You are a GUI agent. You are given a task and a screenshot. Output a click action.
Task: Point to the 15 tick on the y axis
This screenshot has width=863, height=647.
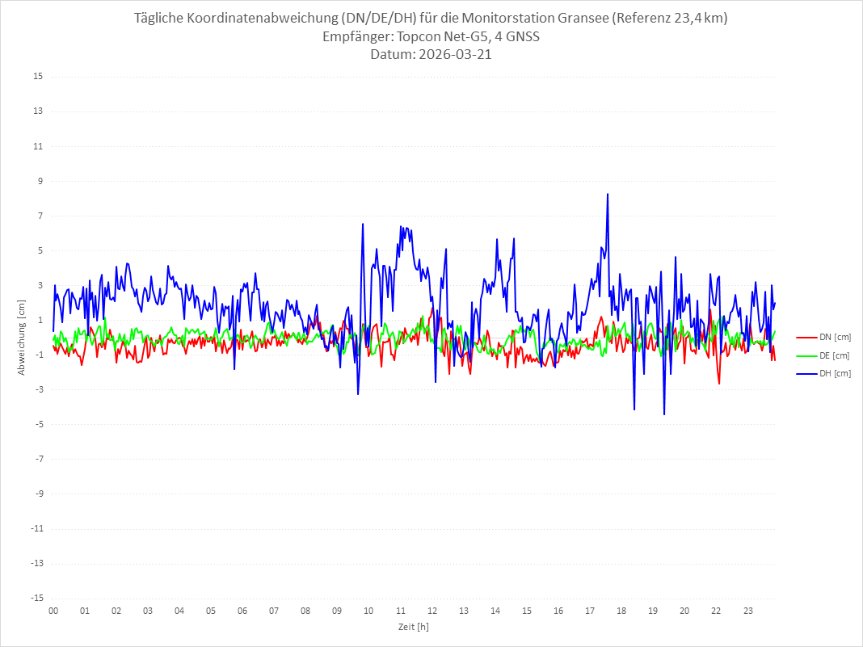(x=38, y=77)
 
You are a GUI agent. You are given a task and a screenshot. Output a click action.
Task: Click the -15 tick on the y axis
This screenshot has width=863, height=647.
(x=36, y=598)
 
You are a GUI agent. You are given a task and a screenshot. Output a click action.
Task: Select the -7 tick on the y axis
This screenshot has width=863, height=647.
(x=38, y=459)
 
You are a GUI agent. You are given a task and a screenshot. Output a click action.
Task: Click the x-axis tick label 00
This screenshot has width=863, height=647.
(x=53, y=611)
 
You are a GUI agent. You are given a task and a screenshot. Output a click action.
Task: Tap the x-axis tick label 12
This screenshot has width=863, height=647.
(x=432, y=611)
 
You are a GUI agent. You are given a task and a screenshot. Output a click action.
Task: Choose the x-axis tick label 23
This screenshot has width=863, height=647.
(x=748, y=611)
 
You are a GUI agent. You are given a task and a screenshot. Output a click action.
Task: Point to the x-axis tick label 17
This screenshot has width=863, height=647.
(x=590, y=611)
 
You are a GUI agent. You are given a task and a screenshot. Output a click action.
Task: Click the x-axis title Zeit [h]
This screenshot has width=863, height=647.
(x=413, y=626)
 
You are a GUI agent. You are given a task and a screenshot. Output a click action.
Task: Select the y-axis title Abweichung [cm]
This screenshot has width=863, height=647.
(x=22, y=337)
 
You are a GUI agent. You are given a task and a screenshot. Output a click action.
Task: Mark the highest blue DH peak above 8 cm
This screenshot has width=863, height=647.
(x=607, y=194)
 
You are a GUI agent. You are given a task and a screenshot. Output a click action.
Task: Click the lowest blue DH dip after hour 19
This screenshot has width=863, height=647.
(x=664, y=414)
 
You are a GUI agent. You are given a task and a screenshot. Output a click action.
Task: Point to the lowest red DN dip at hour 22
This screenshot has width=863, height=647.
(x=719, y=384)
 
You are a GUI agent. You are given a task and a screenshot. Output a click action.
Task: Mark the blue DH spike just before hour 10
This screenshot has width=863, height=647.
(x=363, y=224)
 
